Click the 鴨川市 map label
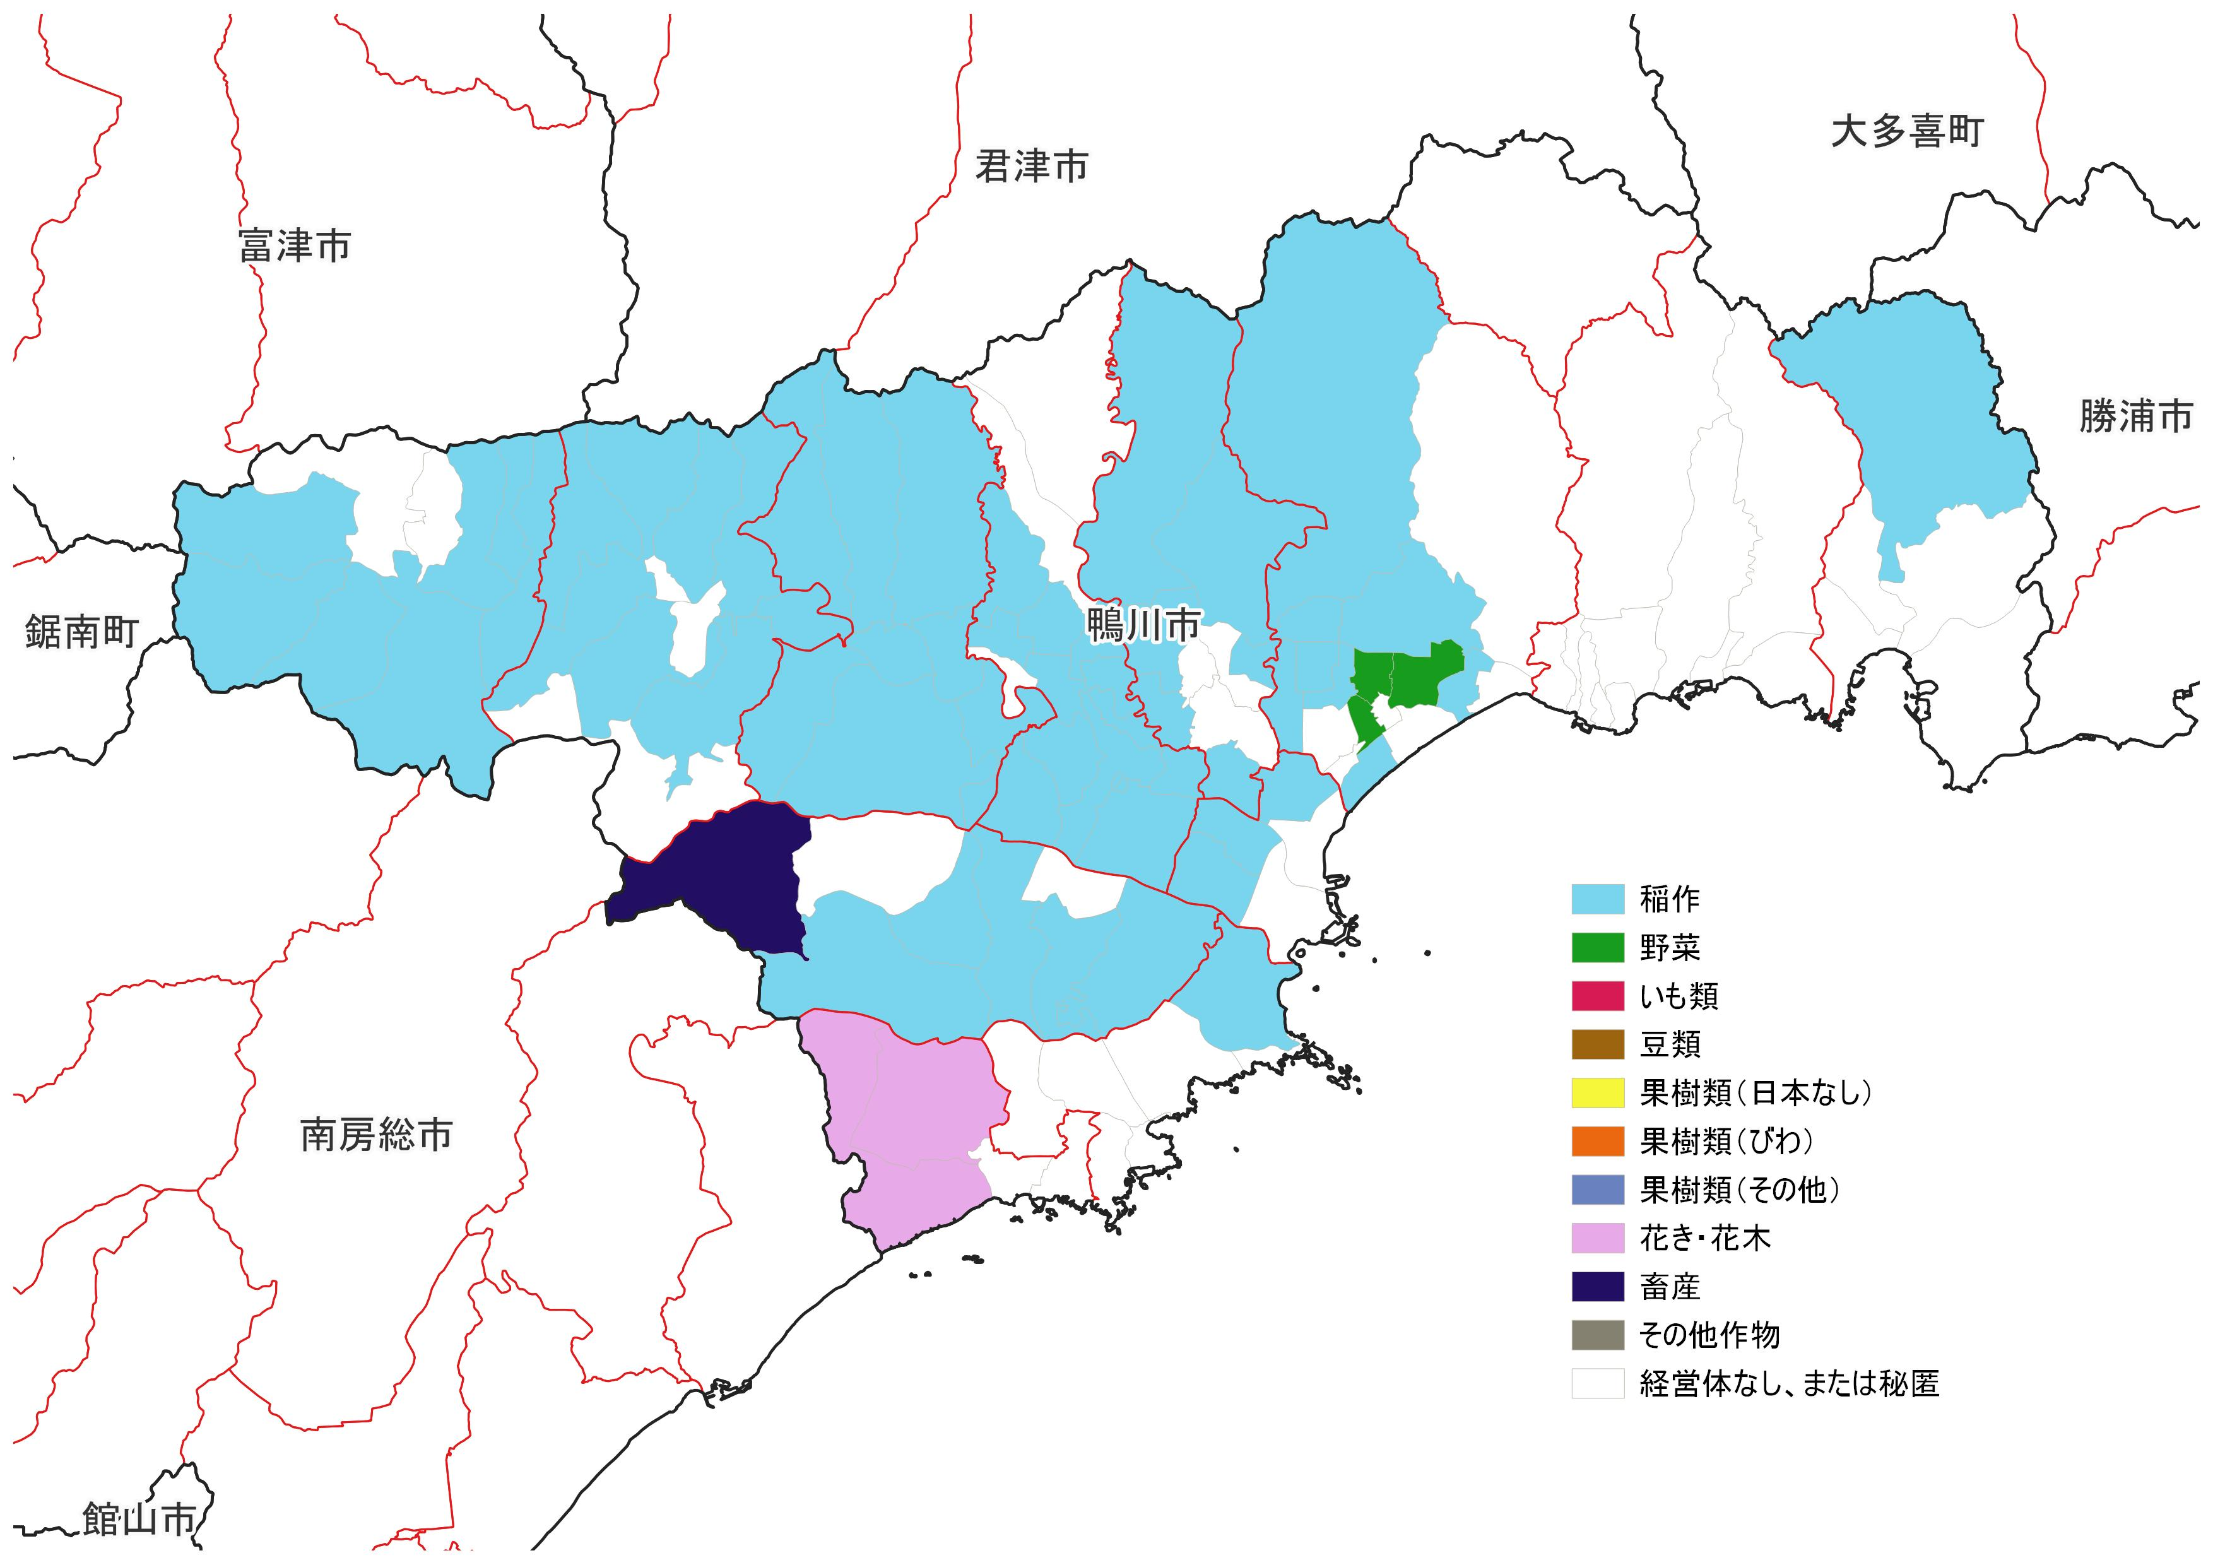coord(1143,625)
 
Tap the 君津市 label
coord(1031,167)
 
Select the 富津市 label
coord(295,247)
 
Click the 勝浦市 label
coord(2135,417)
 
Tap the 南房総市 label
coord(376,1135)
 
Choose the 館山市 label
coord(139,1520)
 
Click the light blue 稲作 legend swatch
coord(1597,899)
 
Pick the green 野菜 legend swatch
coord(1597,948)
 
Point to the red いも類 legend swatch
coord(1597,996)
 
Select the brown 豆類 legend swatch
coord(1597,1044)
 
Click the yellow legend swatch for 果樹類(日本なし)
coord(1597,1093)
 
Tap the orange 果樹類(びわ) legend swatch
coord(1597,1141)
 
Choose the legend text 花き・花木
coord(1705,1238)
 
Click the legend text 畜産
coord(1670,1287)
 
